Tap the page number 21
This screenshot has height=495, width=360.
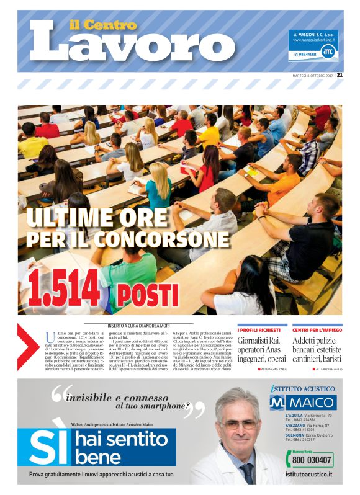[x=340, y=76]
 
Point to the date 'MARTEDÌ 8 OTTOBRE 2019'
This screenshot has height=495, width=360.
[x=313, y=76]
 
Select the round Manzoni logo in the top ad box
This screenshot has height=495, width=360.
[x=328, y=53]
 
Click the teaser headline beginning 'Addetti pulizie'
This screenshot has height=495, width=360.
[x=317, y=349]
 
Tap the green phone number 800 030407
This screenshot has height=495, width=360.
[x=313, y=460]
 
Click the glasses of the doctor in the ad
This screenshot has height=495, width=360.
[x=239, y=424]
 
